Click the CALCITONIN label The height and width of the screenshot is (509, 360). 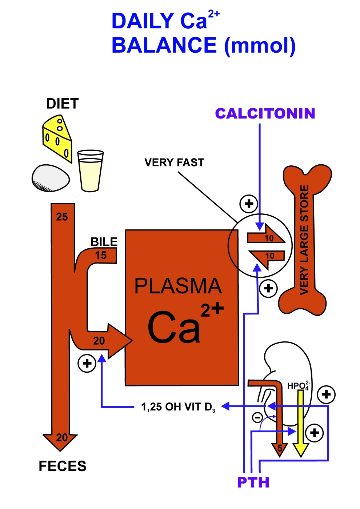(x=265, y=113)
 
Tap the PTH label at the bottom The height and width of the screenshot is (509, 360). (x=253, y=482)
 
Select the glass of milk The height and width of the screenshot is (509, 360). (x=91, y=171)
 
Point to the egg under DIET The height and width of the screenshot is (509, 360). (x=51, y=178)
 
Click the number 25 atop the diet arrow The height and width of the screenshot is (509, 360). (x=62, y=217)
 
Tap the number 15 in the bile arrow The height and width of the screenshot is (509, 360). (x=101, y=255)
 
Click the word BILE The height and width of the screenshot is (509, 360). (x=104, y=242)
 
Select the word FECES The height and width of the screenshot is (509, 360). (x=62, y=466)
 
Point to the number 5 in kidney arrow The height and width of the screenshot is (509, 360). (x=280, y=448)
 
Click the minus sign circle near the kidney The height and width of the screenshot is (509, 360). (x=257, y=417)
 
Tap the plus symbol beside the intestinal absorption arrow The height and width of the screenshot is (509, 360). (x=87, y=363)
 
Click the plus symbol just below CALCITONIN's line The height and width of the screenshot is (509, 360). (x=249, y=204)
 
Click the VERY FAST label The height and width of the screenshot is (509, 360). (x=174, y=163)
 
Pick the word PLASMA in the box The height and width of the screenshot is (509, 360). (x=178, y=286)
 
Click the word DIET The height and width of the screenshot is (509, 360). (x=62, y=104)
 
